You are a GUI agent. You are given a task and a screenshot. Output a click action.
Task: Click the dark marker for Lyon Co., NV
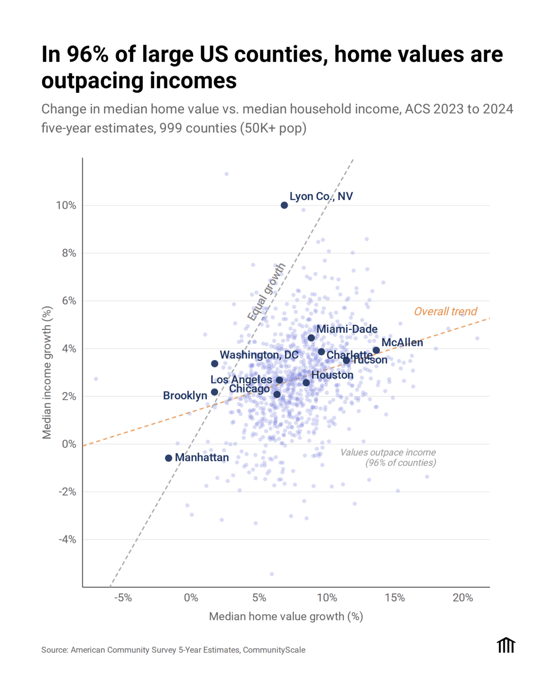(284, 205)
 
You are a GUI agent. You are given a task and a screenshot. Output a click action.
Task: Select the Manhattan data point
(169, 458)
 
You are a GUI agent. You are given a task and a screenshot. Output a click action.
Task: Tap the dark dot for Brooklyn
(214, 392)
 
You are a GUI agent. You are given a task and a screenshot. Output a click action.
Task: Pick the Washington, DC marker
(215, 364)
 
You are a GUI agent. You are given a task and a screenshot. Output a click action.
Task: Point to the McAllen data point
(376, 350)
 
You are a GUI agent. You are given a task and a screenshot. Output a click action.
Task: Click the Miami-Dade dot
(311, 338)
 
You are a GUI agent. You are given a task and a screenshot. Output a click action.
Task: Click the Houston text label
(332, 375)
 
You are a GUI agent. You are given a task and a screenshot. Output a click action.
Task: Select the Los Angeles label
(241, 380)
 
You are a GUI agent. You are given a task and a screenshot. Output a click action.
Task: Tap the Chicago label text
(249, 389)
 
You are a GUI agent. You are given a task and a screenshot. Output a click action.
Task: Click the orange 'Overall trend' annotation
(446, 312)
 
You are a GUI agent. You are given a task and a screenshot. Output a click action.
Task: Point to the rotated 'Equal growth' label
(266, 292)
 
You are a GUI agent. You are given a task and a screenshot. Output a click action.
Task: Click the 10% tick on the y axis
(66, 206)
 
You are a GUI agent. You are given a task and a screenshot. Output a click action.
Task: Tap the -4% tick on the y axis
(67, 540)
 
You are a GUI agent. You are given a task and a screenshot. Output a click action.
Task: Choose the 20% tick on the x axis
(463, 598)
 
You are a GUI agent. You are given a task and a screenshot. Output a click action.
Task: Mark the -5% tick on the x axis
(123, 598)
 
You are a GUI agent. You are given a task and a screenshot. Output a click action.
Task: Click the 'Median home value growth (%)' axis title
(286, 617)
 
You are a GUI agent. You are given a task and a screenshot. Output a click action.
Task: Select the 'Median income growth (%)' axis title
(47, 373)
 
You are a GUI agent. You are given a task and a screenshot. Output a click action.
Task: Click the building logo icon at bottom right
(506, 645)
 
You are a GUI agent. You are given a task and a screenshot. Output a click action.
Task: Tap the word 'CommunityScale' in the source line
(274, 650)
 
